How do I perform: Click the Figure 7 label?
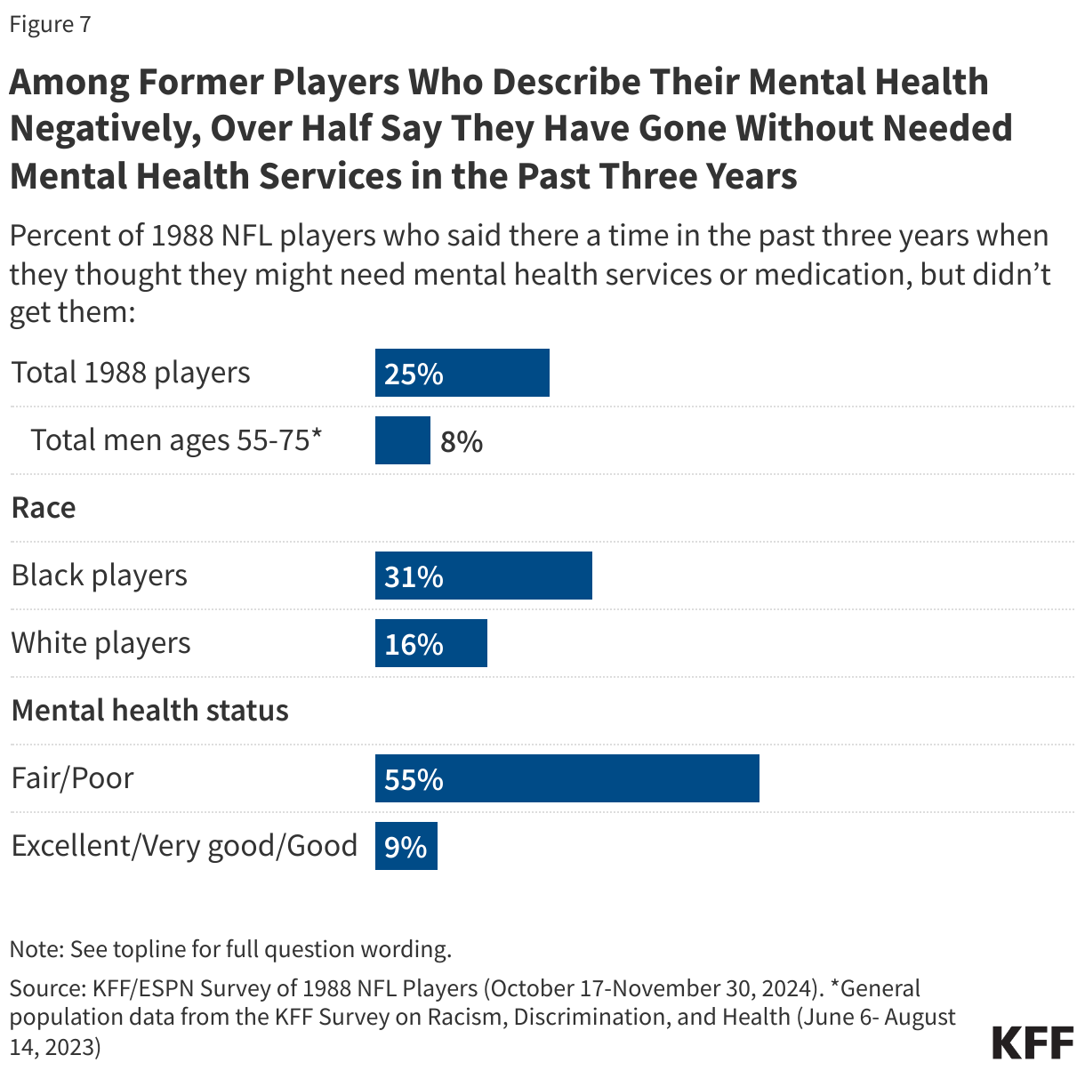(x=50, y=24)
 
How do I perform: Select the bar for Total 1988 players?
(x=462, y=373)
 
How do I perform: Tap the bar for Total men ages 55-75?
(x=402, y=440)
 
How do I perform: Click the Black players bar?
(x=483, y=576)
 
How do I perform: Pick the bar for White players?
(x=430, y=643)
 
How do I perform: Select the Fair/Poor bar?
(x=567, y=778)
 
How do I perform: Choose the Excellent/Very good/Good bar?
(x=406, y=846)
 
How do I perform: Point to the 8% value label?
(x=462, y=441)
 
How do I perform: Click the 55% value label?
(x=414, y=779)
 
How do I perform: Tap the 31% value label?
(x=414, y=576)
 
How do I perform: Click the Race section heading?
(x=44, y=508)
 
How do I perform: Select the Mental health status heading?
(x=149, y=711)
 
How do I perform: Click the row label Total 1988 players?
(x=131, y=373)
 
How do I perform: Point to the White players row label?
(x=100, y=643)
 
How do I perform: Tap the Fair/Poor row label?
(x=72, y=778)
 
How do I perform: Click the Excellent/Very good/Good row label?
(x=184, y=846)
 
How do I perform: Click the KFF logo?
(x=1032, y=1042)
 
